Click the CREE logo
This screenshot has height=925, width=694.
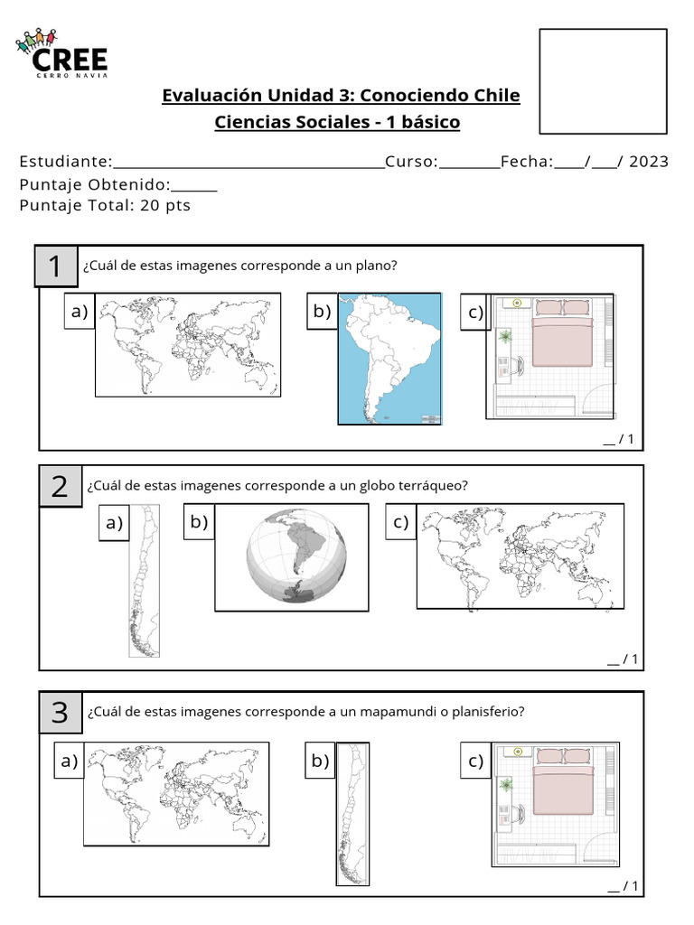point(61,54)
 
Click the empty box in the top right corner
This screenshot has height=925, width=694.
point(603,81)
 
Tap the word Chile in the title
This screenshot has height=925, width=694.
point(496,96)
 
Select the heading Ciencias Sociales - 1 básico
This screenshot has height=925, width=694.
point(337,122)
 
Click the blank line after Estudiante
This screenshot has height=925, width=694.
point(249,163)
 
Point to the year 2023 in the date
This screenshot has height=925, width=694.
point(649,162)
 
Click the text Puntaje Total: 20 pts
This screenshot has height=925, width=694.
point(105,205)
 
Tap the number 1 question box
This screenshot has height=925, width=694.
point(56,266)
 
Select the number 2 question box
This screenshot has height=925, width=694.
point(61,487)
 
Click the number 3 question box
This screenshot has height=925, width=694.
point(61,713)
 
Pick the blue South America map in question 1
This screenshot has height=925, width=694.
point(389,359)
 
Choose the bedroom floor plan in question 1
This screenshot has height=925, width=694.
point(550,356)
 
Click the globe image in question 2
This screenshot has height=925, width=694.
point(295,556)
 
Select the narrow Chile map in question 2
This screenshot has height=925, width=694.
point(145,581)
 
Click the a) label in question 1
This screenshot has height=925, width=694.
point(80,313)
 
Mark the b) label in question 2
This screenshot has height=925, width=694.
point(199,522)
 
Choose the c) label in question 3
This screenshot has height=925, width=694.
point(476,761)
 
